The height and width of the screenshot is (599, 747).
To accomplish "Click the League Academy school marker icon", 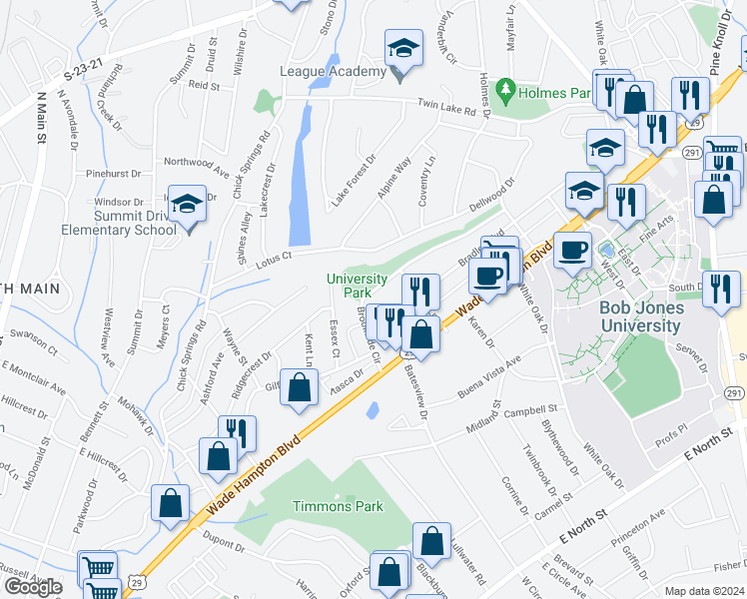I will [403, 48].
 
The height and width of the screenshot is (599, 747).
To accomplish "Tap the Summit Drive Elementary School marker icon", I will [187, 205].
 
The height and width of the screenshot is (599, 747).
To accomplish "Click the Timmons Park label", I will [338, 506].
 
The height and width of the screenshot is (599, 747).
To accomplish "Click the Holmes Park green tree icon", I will [505, 92].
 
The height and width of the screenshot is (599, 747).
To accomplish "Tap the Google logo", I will [33, 587].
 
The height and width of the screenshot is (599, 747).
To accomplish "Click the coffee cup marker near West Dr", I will [571, 250].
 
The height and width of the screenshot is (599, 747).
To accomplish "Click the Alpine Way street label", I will [393, 179].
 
